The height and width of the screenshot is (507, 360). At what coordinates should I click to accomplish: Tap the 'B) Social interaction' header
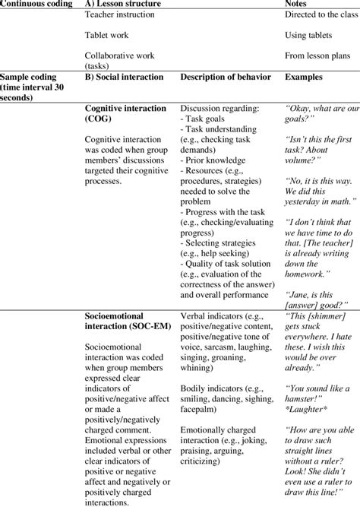[x=124, y=77]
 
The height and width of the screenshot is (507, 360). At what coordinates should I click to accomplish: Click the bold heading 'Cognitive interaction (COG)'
[x=125, y=113]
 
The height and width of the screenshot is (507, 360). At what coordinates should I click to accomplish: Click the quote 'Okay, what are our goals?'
[x=319, y=113]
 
